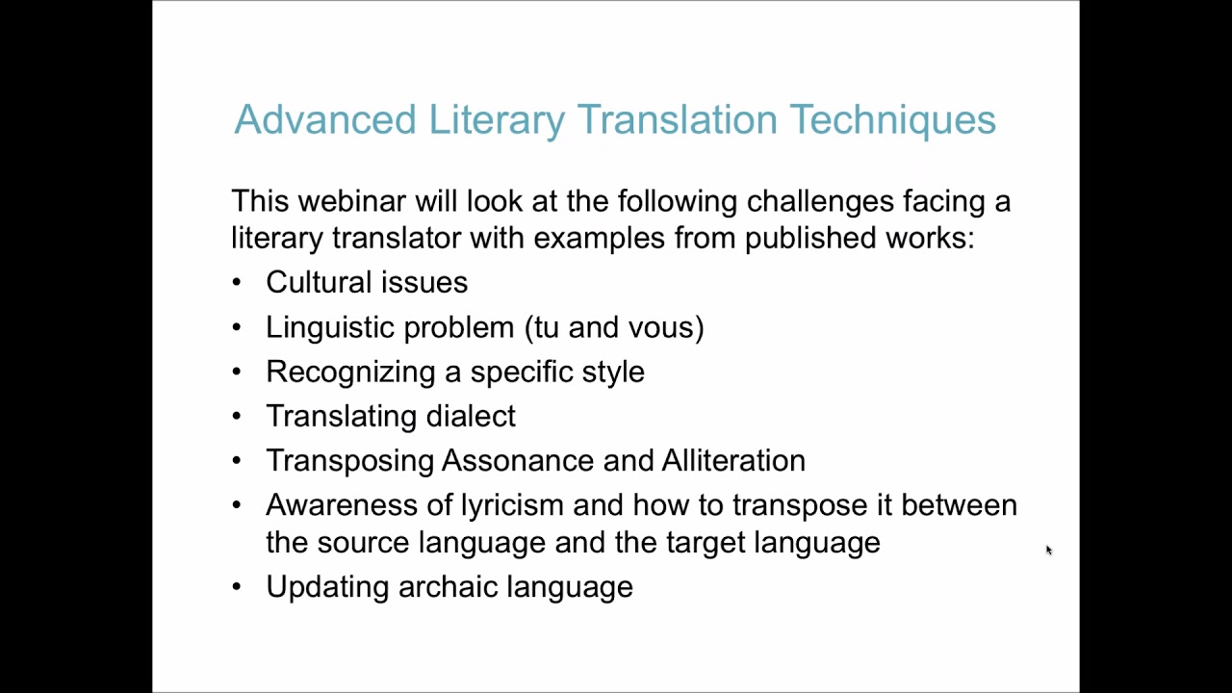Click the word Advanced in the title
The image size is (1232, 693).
coord(324,120)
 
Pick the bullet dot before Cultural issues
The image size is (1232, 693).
coord(238,283)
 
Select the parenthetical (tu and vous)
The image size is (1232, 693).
coord(614,327)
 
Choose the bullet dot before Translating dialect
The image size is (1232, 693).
coord(238,417)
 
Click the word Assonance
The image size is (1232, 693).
coord(518,460)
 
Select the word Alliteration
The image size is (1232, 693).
coord(733,460)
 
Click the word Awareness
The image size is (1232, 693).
coord(339,505)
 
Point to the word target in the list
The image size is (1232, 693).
coord(706,542)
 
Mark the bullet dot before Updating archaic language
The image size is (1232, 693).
coord(238,587)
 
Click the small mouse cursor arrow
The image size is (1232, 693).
coord(1048,550)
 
